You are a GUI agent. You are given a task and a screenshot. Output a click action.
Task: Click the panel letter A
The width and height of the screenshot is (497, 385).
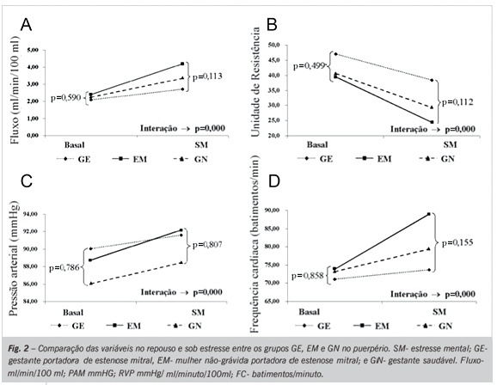(x=26, y=24)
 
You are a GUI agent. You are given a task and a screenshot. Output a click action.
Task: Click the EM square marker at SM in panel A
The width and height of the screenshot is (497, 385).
(x=182, y=64)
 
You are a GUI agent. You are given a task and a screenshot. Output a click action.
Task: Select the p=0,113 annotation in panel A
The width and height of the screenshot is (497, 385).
(x=207, y=76)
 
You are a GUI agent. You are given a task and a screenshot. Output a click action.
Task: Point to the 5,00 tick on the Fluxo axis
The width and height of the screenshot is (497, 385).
(x=33, y=50)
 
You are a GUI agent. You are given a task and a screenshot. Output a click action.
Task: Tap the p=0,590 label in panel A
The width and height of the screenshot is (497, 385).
(x=65, y=98)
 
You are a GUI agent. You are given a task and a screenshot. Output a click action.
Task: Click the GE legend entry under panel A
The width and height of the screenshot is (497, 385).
(x=74, y=159)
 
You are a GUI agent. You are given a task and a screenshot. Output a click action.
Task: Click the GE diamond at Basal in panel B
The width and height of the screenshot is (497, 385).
(x=335, y=54)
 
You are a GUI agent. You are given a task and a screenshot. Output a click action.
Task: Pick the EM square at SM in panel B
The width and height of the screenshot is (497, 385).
(x=432, y=122)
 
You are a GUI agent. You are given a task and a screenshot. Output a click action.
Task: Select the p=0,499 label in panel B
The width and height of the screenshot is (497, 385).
(x=309, y=66)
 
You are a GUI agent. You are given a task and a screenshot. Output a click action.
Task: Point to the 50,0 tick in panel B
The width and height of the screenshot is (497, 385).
(x=274, y=45)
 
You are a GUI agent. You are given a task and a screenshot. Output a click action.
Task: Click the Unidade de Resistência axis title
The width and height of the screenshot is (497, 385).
(x=255, y=82)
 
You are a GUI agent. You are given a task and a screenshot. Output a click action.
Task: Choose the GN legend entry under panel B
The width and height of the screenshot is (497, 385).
(x=437, y=158)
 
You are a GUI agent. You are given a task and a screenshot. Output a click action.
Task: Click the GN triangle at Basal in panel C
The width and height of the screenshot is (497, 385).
(x=91, y=284)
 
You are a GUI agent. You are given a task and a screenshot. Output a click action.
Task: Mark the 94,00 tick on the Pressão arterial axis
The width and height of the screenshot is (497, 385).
(x=31, y=214)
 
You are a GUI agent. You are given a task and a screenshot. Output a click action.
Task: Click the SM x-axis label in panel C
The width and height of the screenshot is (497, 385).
(x=198, y=313)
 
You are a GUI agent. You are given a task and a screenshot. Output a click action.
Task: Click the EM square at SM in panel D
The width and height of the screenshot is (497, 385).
(x=429, y=214)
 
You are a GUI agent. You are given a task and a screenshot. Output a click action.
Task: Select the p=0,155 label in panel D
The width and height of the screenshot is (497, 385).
(x=457, y=242)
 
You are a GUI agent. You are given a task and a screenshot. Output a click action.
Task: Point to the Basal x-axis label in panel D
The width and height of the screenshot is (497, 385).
(x=310, y=312)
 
